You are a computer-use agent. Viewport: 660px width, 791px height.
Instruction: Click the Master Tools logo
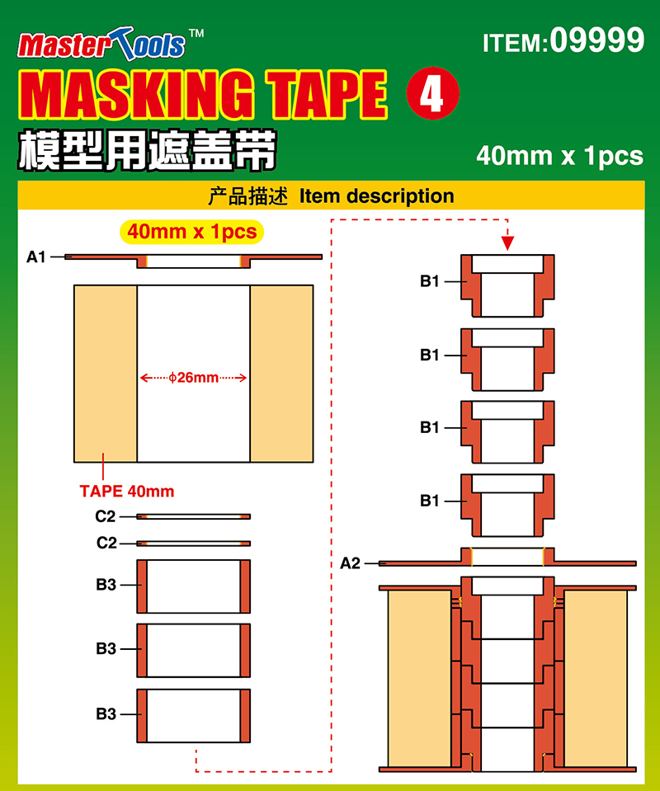(x=101, y=45)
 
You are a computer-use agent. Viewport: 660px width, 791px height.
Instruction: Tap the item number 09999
(x=597, y=40)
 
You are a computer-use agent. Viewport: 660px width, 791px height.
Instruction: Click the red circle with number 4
(x=432, y=93)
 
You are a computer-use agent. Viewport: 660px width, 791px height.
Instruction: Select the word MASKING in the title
(x=136, y=94)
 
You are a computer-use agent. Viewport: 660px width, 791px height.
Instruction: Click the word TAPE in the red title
(x=327, y=94)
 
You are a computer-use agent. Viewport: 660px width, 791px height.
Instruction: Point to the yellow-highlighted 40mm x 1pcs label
(x=191, y=232)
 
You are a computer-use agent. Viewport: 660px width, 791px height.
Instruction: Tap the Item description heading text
(x=376, y=195)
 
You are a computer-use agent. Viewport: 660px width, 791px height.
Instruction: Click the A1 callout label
(x=35, y=257)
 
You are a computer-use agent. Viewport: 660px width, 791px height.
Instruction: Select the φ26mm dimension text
(x=193, y=377)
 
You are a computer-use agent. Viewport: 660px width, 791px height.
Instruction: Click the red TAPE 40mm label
(x=127, y=491)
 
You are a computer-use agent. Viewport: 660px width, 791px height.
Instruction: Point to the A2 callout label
(x=350, y=563)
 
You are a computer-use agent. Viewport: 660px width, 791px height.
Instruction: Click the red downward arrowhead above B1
(x=507, y=243)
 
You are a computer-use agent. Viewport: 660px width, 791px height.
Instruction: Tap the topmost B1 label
(x=429, y=281)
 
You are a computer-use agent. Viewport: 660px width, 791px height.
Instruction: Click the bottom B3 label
(x=106, y=713)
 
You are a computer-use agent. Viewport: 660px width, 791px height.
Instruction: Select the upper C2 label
(x=106, y=516)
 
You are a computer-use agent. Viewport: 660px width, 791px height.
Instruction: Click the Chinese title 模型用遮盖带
(x=148, y=150)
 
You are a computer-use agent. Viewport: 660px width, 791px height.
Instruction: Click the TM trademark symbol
(x=196, y=34)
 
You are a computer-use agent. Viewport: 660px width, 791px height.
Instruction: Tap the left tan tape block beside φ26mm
(x=106, y=374)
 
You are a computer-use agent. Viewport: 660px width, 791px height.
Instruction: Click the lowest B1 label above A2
(x=429, y=501)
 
